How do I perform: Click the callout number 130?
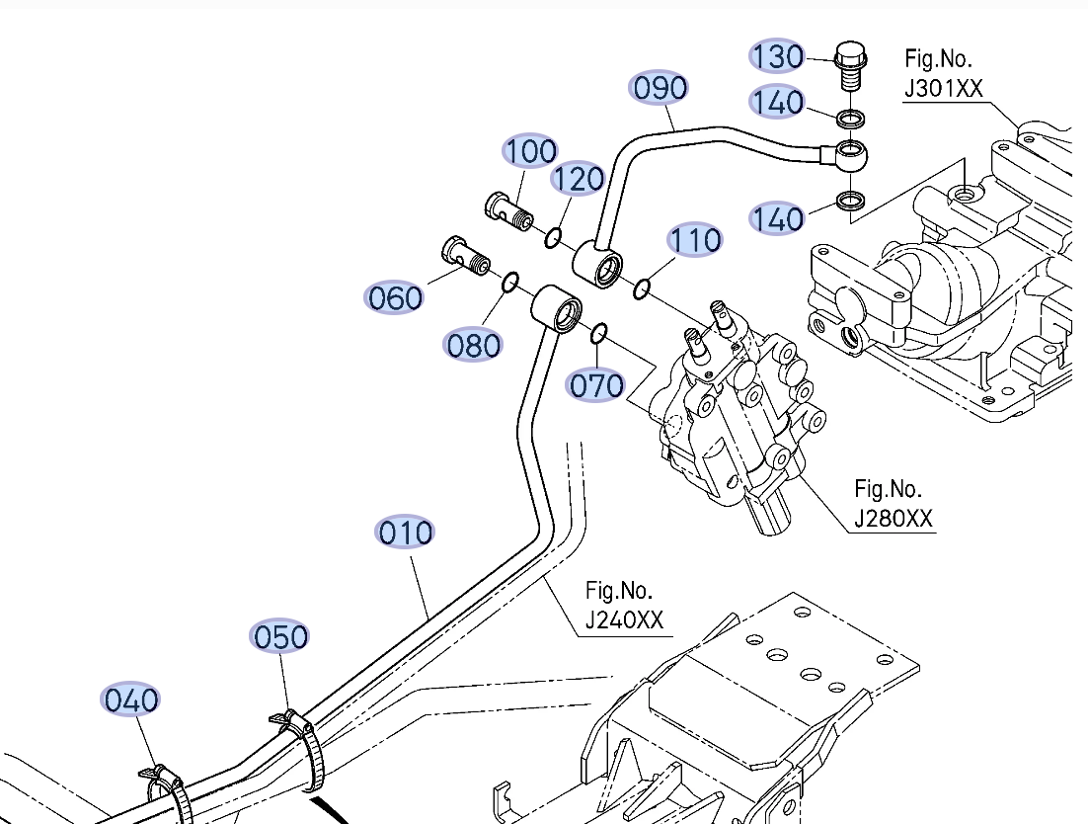(777, 56)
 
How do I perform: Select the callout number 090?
(660, 89)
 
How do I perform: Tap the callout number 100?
(531, 151)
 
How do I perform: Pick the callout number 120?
(578, 180)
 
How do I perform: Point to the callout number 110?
(695, 240)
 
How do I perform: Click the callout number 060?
(395, 297)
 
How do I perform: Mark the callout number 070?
(596, 384)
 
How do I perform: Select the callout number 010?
(406, 533)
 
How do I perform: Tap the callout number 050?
(280, 637)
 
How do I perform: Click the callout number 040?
(131, 700)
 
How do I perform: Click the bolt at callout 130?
(849, 61)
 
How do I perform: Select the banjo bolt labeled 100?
(508, 208)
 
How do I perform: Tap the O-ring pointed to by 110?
(642, 288)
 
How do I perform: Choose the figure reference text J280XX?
(893, 518)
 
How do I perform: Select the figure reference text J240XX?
(624, 620)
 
